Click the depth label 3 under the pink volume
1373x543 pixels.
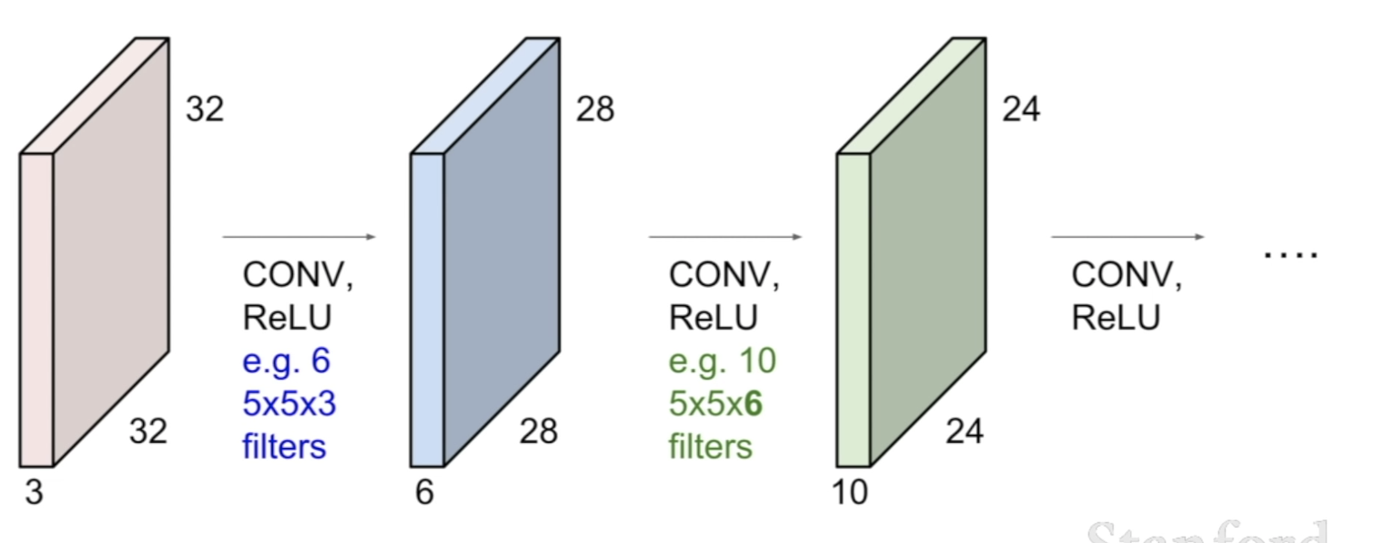point(34,492)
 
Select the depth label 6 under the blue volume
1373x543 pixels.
point(425,492)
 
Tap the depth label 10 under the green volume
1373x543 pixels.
point(850,492)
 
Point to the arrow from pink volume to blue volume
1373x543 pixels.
point(299,237)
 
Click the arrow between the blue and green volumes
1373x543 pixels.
point(725,237)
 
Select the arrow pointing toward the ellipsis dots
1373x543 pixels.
point(1128,237)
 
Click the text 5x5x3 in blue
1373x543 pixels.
point(289,404)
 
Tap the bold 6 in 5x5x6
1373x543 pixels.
point(753,404)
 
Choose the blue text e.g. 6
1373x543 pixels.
point(286,361)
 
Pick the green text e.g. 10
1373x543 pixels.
point(722,361)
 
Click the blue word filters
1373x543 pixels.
point(284,447)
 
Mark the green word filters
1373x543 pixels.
point(710,447)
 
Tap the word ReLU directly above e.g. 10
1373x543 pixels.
point(713,318)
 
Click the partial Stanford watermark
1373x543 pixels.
point(1207,533)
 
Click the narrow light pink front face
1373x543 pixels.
point(37,310)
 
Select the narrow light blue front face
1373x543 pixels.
point(427,310)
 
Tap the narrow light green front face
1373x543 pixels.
point(853,310)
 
